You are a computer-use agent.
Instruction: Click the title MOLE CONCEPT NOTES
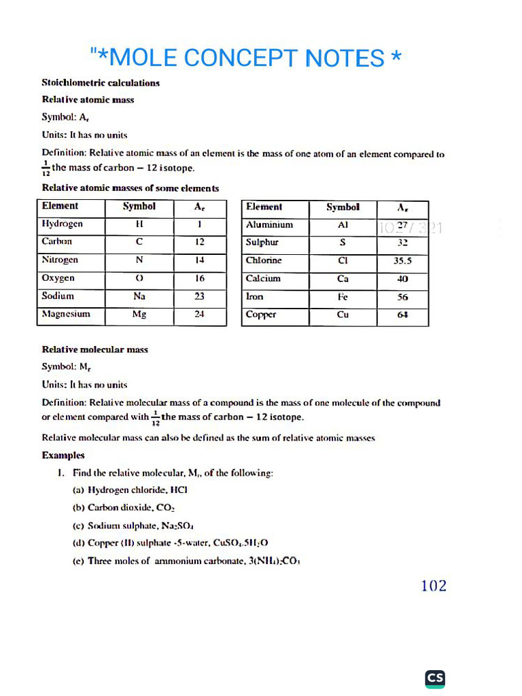point(245,58)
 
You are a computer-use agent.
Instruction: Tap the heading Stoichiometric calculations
point(101,83)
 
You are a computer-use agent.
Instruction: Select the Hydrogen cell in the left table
point(63,224)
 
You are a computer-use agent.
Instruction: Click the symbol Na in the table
point(139,296)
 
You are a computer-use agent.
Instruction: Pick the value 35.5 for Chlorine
point(402,260)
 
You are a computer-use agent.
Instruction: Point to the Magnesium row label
point(66,314)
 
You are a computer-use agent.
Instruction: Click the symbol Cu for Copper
point(343,315)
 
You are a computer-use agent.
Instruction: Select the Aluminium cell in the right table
point(269,224)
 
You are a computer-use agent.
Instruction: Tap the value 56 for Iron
point(402,297)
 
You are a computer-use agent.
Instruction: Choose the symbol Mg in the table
point(139,315)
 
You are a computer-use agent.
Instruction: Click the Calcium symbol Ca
point(343,279)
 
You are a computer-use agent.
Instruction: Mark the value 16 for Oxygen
point(199,278)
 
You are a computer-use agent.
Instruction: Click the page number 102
point(434,586)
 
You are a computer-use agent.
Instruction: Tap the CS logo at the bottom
point(435,678)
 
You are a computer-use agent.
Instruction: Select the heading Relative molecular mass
point(95,349)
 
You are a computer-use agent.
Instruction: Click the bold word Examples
point(63,455)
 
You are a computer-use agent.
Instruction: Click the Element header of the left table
point(60,206)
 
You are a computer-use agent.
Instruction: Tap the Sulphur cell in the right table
point(262,242)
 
